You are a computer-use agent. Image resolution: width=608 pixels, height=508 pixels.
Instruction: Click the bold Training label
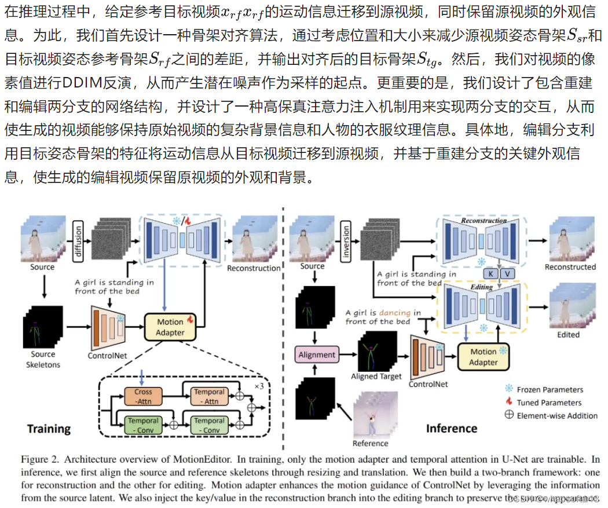coord(49,429)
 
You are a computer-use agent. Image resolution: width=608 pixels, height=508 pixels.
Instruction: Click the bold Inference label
coord(451,428)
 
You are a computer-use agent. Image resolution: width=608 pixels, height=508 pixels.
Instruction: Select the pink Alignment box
coord(317,354)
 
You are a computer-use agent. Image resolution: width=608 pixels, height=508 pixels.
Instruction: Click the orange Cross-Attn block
coord(143,396)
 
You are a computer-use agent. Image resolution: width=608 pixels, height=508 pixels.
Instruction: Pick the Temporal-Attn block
coord(209,396)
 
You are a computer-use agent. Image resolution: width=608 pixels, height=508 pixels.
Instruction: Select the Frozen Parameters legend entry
coord(549,389)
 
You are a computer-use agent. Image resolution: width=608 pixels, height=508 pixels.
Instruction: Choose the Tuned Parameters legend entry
coord(548,402)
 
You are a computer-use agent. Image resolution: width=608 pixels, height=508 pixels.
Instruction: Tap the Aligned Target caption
coord(376,377)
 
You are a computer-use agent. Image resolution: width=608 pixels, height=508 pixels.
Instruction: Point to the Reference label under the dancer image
coord(370,443)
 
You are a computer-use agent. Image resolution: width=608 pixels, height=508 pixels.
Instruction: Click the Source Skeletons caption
coord(43,359)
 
